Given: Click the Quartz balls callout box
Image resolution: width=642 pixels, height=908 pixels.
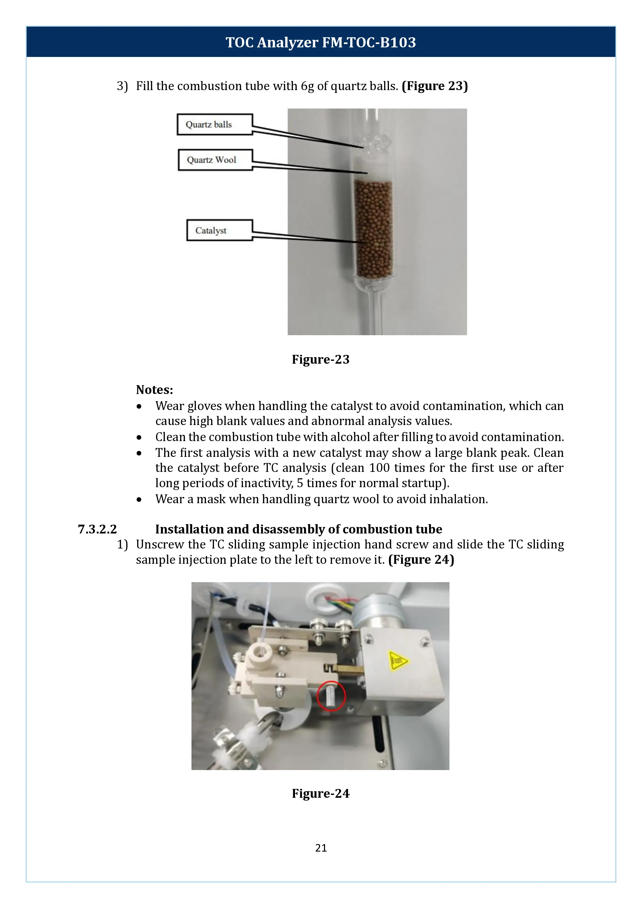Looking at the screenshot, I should pyautogui.click(x=215, y=125).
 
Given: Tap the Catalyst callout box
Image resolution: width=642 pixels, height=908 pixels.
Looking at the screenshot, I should pyautogui.click(x=219, y=230).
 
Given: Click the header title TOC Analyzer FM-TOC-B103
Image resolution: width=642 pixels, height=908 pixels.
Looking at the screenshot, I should pyautogui.click(x=321, y=42).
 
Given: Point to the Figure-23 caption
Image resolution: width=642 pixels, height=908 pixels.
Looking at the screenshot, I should pyautogui.click(x=321, y=359).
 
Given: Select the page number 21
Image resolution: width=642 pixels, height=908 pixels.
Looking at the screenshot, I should pyautogui.click(x=321, y=847).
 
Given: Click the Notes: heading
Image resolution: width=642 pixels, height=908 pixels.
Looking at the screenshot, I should pyautogui.click(x=154, y=390).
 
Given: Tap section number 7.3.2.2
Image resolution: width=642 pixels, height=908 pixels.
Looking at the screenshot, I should pyautogui.click(x=97, y=529).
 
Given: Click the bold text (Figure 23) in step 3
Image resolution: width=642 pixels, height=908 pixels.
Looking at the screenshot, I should pyautogui.click(x=434, y=86).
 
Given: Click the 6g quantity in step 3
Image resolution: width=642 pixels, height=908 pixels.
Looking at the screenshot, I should pyautogui.click(x=307, y=86).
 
